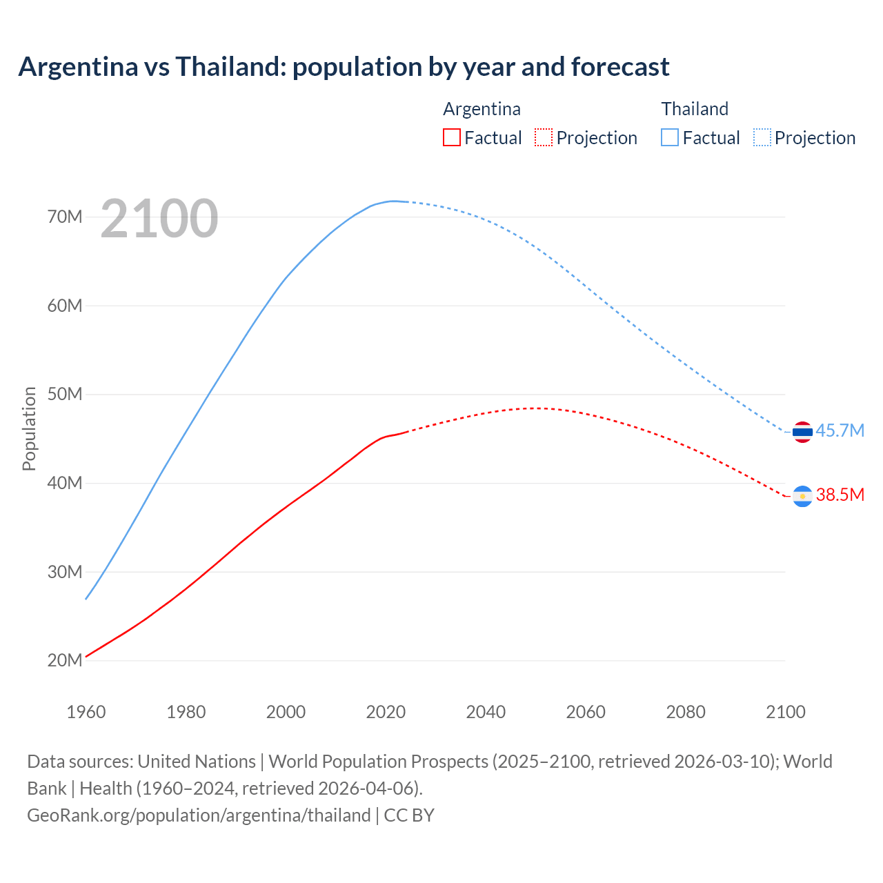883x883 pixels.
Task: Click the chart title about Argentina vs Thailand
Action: pos(344,67)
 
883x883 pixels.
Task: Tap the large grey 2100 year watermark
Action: pos(159,219)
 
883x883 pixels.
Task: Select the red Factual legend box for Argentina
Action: pos(451,137)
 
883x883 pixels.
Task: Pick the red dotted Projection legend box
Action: pos(544,137)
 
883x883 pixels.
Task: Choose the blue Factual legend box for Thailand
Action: pos(670,137)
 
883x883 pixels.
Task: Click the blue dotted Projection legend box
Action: pos(762,137)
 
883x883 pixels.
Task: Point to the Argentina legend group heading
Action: pos(482,109)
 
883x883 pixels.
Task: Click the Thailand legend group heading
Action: pos(695,109)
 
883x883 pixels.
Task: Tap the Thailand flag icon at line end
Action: pos(802,432)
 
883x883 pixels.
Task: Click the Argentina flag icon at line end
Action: pos(802,496)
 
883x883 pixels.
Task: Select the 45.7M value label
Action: pos(840,430)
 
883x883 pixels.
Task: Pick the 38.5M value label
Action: pos(840,495)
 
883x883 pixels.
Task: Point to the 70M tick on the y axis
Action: pos(65,217)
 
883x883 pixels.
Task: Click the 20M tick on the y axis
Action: pos(65,660)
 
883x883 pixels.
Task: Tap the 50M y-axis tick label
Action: pos(65,394)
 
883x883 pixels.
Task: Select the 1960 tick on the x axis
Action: pos(86,712)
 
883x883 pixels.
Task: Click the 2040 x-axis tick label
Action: pos(486,712)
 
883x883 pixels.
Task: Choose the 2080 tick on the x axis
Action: pos(686,712)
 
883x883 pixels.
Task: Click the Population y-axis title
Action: pos(29,428)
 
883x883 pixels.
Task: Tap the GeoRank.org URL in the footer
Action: pos(199,815)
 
